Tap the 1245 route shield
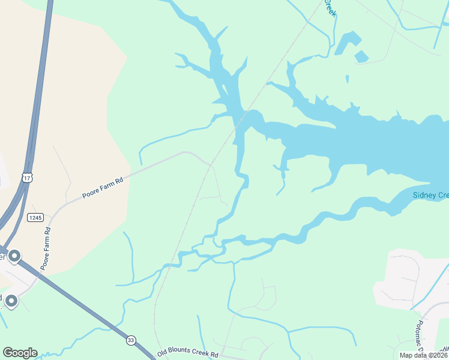[x=35, y=217]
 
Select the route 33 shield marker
[x=131, y=340]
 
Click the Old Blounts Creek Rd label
[x=187, y=353]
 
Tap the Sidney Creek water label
[x=430, y=195]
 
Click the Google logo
[x=20, y=353]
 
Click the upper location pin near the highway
[x=14, y=256]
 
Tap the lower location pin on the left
[x=11, y=301]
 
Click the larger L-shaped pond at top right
[x=348, y=43]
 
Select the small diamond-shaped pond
[x=361, y=57]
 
